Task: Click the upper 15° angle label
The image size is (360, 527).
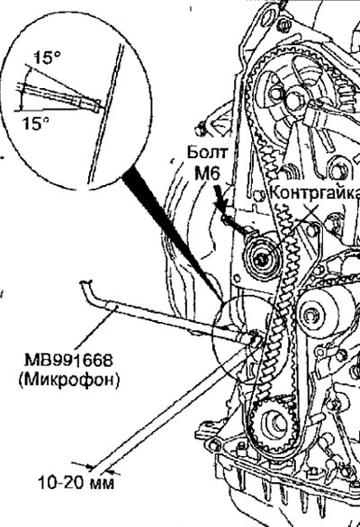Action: pyautogui.click(x=47, y=58)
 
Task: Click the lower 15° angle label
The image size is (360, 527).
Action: pyautogui.click(x=35, y=123)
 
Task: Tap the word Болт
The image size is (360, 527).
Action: pyautogui.click(x=207, y=152)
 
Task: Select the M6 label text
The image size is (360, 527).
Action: pyautogui.click(x=207, y=173)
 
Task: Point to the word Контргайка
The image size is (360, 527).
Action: pyautogui.click(x=315, y=192)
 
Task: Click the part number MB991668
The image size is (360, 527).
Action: pyautogui.click(x=68, y=360)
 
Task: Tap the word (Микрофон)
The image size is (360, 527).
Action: pyautogui.click(x=69, y=380)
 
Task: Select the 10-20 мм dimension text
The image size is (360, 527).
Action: pyautogui.click(x=76, y=483)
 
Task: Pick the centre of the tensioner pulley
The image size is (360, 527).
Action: pyautogui.click(x=261, y=258)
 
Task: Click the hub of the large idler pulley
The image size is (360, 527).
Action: pyautogui.click(x=312, y=316)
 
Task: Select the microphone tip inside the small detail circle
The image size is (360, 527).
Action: pyautogui.click(x=253, y=339)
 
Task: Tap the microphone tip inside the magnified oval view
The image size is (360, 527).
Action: pyautogui.click(x=95, y=105)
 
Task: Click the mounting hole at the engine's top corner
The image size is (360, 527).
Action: pyautogui.click(x=268, y=15)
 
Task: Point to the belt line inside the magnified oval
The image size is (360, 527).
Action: pyautogui.click(x=107, y=114)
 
